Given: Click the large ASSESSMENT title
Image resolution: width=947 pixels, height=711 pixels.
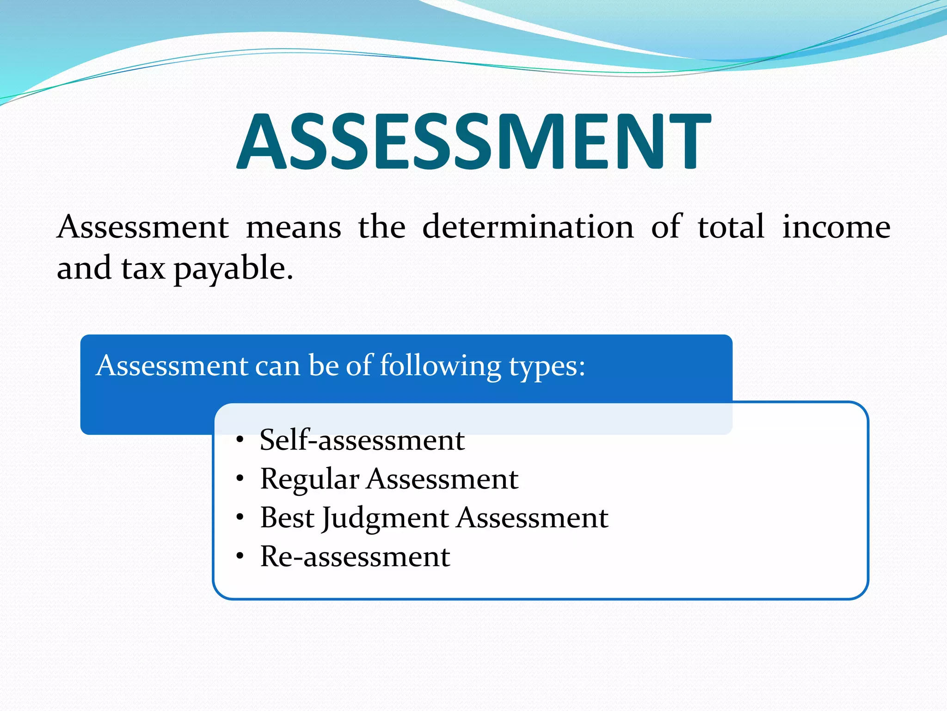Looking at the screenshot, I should pyautogui.click(x=473, y=141).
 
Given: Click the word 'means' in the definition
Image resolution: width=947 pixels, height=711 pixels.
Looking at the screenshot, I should pyautogui.click(x=293, y=227).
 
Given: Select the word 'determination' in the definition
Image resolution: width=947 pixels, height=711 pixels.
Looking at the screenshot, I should pyautogui.click(x=528, y=227).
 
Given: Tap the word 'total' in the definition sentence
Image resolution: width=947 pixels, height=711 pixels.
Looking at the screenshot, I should pyautogui.click(x=731, y=227).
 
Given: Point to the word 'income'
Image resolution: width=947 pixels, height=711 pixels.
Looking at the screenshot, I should pyautogui.click(x=836, y=227).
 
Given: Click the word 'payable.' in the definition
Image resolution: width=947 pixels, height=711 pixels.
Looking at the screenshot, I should pyautogui.click(x=234, y=269).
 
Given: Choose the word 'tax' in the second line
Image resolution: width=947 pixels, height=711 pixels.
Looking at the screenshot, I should pyautogui.click(x=143, y=268).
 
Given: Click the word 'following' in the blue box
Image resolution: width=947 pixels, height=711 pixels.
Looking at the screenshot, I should pyautogui.click(x=440, y=366).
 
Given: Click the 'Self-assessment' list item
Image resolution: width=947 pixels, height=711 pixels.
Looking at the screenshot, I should pyautogui.click(x=362, y=440).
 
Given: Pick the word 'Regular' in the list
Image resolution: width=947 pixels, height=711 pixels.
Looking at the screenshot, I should pyautogui.click(x=309, y=480).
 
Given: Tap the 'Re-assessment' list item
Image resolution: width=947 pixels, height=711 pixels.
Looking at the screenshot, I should pyautogui.click(x=355, y=556).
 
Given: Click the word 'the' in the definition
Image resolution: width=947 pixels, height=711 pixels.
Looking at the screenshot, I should pyautogui.click(x=381, y=227).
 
